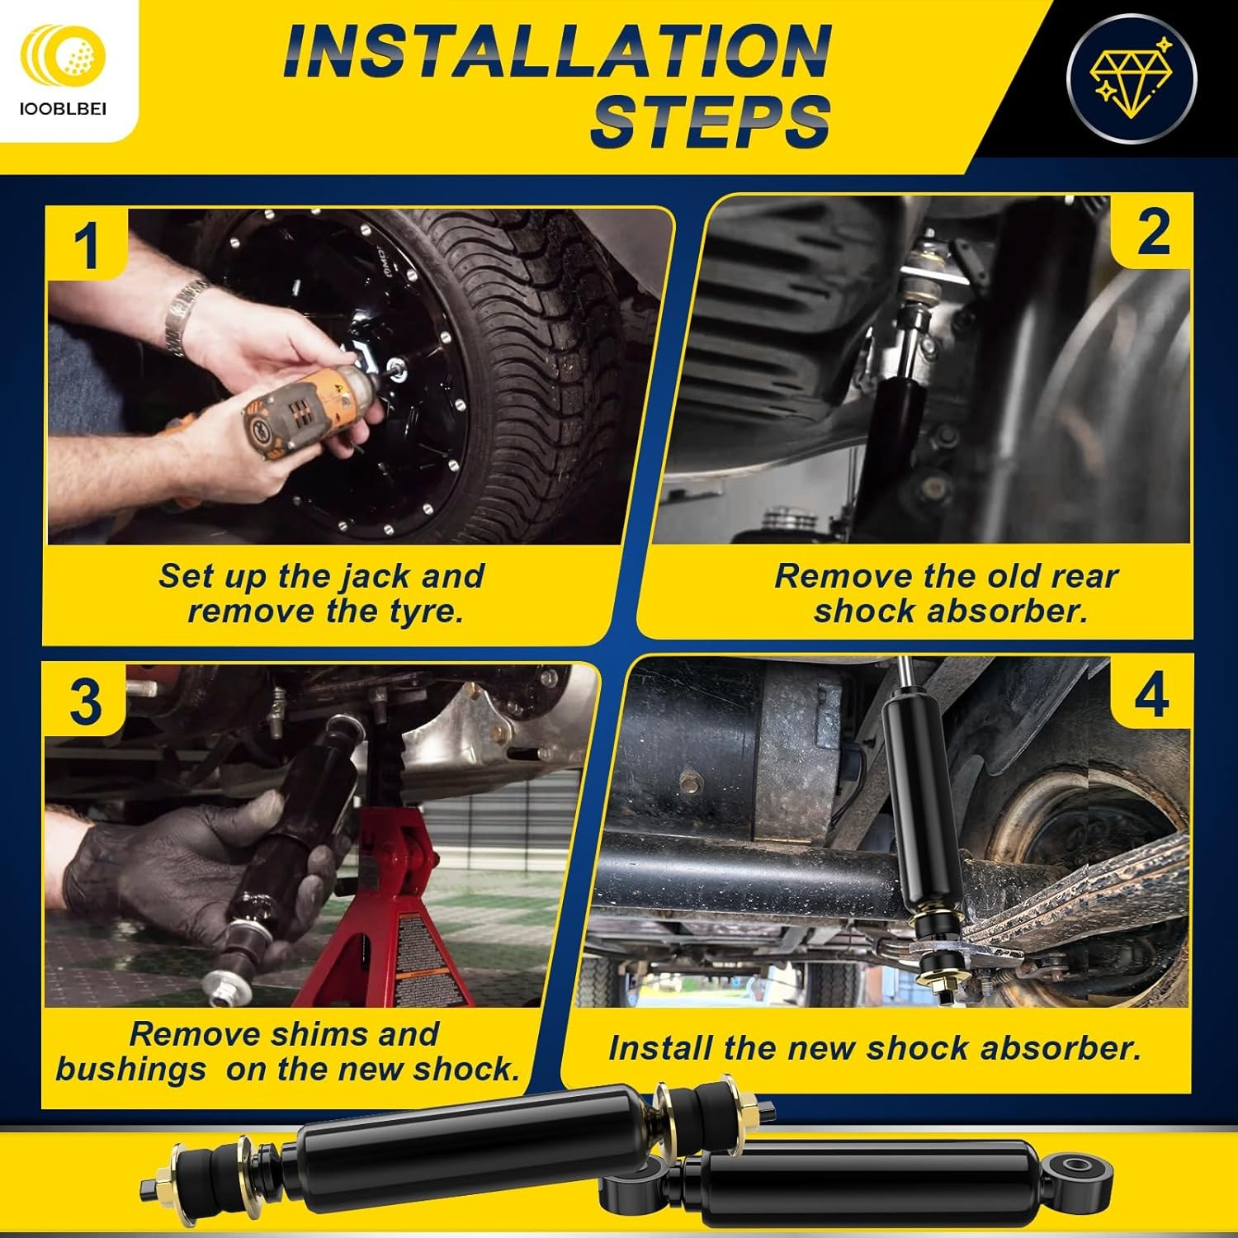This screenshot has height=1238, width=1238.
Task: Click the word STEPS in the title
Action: [x=710, y=122]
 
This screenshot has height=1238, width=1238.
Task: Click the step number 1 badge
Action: [x=86, y=245]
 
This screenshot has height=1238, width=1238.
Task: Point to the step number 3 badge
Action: [x=85, y=702]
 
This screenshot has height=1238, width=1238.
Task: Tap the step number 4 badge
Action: [x=1151, y=694]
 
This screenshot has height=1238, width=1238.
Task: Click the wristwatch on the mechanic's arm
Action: [x=183, y=314]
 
